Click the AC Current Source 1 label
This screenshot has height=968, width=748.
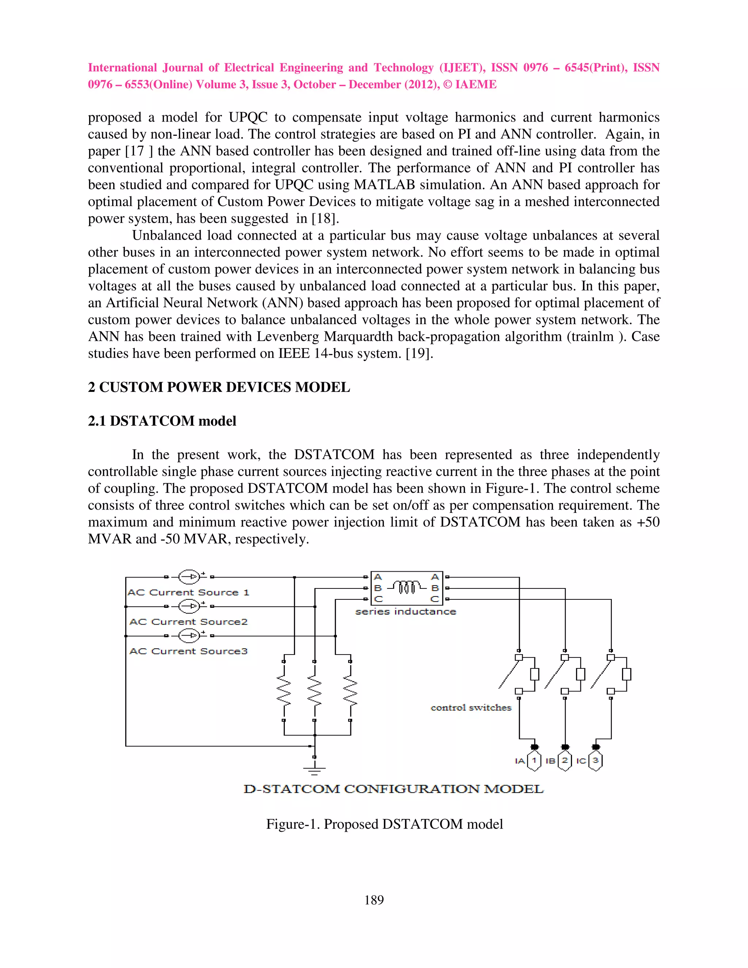click(188, 592)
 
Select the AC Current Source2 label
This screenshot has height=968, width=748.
click(188, 622)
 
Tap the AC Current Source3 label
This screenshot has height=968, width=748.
click(188, 651)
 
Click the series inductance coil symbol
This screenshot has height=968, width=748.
click(407, 588)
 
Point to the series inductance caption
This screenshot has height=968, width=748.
click(405, 611)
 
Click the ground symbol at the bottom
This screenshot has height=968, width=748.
click(314, 771)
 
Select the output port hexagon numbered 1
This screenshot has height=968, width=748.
click(534, 761)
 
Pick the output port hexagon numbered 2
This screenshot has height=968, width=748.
click(565, 761)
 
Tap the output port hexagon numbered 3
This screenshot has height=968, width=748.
click(596, 761)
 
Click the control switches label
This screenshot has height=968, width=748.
click(470, 708)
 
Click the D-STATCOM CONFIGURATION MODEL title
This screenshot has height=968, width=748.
click(393, 789)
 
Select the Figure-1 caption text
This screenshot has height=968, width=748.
click(384, 824)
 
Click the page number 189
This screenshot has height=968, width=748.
click(374, 900)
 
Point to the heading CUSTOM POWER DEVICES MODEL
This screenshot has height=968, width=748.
click(224, 387)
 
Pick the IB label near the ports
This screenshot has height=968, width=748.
click(550, 761)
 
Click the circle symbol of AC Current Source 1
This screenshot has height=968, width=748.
click(189, 577)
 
